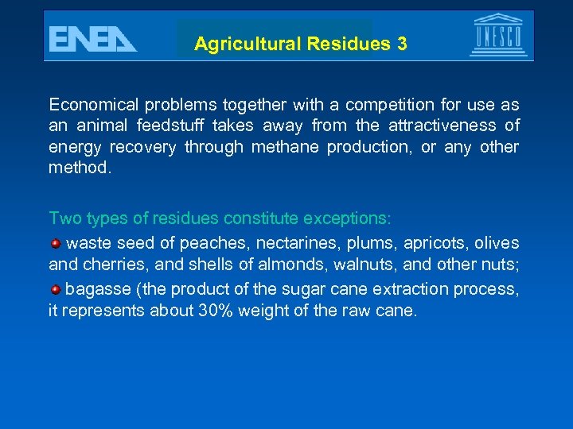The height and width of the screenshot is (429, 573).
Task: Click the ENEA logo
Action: (x=92, y=38)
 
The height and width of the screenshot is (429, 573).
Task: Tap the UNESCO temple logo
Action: (x=498, y=35)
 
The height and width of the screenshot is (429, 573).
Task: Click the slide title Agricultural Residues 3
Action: (x=300, y=44)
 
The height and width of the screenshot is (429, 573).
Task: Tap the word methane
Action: (x=276, y=147)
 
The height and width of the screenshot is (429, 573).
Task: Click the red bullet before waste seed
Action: (x=55, y=242)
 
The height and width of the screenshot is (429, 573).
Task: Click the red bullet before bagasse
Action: (x=55, y=288)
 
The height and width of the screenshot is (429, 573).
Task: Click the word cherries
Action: (x=106, y=265)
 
